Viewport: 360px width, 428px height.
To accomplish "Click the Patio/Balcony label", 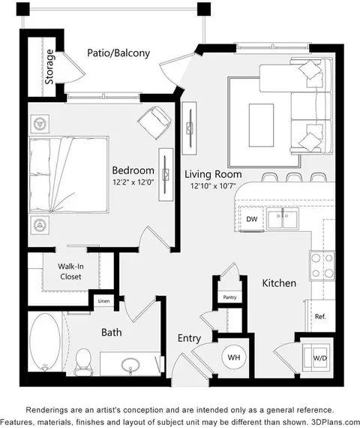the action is (118, 53).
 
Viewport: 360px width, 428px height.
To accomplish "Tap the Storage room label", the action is (49, 67).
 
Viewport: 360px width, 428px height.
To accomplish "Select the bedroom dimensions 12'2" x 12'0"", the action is (133, 182).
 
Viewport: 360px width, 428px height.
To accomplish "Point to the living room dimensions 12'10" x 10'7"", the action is (213, 186).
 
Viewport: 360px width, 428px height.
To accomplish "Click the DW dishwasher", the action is (251, 219).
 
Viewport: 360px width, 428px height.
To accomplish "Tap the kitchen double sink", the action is (283, 219).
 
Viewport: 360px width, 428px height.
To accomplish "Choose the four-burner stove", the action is (322, 265).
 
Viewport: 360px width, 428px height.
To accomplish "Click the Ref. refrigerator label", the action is (320, 316).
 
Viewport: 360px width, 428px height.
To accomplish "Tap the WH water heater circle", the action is (234, 357).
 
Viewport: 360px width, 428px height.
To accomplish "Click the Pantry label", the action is (229, 297).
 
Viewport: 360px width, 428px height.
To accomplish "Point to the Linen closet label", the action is (103, 301).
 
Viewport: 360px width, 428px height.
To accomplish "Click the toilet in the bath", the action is (83, 362).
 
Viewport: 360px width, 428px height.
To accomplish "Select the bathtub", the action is (45, 342).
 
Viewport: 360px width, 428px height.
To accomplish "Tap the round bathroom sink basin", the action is (130, 365).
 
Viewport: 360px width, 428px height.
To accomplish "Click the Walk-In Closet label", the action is (70, 271).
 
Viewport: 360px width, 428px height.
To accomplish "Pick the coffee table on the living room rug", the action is (261, 125).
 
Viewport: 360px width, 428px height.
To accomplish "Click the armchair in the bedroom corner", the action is (154, 122).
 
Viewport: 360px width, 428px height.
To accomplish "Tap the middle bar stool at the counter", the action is (294, 177).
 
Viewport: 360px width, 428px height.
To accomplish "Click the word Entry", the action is (189, 339).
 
